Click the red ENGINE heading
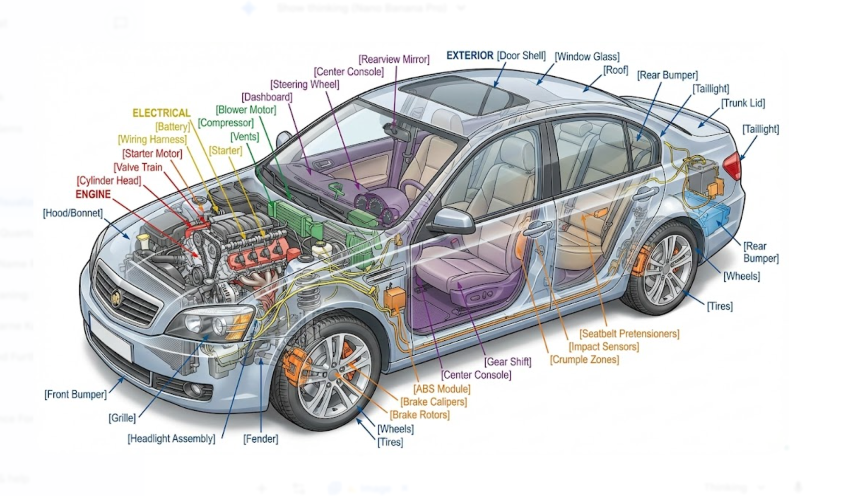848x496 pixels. (93, 194)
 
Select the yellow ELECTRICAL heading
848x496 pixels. (161, 113)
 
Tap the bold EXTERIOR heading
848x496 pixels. (470, 55)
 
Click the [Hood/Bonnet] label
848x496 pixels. (72, 213)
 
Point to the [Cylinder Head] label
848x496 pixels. (108, 181)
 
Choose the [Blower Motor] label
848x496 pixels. (246, 110)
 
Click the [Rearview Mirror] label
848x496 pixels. (394, 59)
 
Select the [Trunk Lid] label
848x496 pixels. (743, 103)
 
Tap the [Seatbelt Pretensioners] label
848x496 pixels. (629, 334)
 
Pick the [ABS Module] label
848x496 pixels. (442, 389)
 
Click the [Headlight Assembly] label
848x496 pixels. (171, 438)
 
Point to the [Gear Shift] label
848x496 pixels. (508, 362)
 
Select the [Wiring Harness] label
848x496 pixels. (152, 140)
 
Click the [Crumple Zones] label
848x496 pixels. (584, 359)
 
